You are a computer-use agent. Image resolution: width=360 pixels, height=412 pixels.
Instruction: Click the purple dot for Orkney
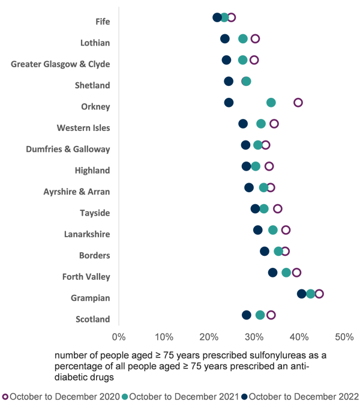coord(298,103)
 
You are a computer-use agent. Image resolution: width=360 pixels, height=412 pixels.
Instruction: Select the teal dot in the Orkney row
coord(271,103)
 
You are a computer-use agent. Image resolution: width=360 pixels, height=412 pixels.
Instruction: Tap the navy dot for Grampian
coord(302,294)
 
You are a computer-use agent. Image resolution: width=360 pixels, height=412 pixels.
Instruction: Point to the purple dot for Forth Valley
coord(296,273)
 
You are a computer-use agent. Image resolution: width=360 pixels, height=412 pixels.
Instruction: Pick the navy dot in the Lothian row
coord(225,39)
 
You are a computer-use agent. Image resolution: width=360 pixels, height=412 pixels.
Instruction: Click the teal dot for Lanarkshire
coord(273,230)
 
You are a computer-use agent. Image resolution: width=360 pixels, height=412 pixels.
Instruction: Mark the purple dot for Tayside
coord(277,209)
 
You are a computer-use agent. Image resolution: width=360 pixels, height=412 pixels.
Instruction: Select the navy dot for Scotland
coord(247,315)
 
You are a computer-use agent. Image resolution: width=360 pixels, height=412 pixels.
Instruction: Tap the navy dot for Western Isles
coord(243,124)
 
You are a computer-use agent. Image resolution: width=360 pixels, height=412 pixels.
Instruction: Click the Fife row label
coord(103,22)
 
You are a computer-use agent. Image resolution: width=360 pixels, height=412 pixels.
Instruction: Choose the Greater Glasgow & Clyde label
coord(61,64)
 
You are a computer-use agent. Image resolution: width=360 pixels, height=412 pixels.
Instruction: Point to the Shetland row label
coord(92,85)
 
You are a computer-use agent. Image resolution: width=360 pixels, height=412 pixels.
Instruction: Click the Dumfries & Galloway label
coord(68,149)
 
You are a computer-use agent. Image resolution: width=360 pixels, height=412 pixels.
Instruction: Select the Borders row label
coord(94,255)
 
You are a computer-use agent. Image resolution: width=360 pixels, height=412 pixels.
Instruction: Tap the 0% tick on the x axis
coord(119,335)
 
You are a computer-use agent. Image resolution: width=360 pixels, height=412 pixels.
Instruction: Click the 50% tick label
coord(344,335)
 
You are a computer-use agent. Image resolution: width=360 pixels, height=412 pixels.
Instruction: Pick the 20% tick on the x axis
coord(209,335)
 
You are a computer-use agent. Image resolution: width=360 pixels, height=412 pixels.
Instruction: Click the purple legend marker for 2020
coord(5,396)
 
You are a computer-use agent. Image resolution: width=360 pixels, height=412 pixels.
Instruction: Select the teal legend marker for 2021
coord(125,396)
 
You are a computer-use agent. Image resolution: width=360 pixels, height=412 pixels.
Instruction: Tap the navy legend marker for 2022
coord(244,396)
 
